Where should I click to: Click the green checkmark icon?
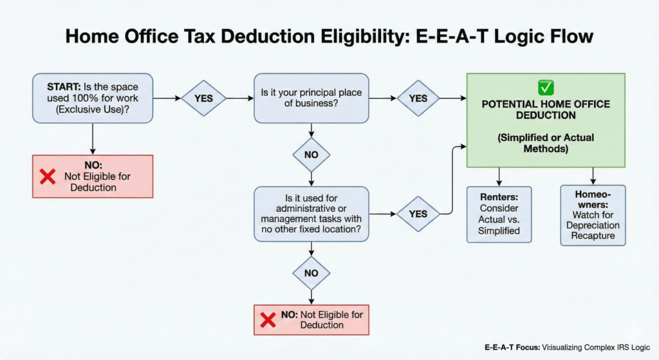pos(546,88)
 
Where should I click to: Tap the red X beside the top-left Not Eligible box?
pos(48,176)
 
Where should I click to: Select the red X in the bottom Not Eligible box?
pos(268,320)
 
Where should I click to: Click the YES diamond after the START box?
pos(203,99)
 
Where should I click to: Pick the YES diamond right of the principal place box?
pos(418,99)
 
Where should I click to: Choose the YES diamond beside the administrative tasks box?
pos(418,214)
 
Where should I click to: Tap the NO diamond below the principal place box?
pos(311,155)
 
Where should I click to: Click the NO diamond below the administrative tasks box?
pos(311,273)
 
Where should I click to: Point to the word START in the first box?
pos(64,87)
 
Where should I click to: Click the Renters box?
pos(499,214)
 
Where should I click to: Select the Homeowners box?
pos(593,215)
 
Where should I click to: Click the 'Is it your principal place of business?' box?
pos(311,99)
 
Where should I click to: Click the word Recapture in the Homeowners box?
pos(593,236)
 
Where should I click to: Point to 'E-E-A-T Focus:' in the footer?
pos(512,347)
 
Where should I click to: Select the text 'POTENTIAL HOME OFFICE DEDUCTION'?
pos(546,109)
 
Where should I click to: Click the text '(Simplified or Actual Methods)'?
pos(546,143)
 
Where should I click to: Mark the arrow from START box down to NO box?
pos(93,139)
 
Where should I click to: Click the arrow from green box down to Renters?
pos(499,176)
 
